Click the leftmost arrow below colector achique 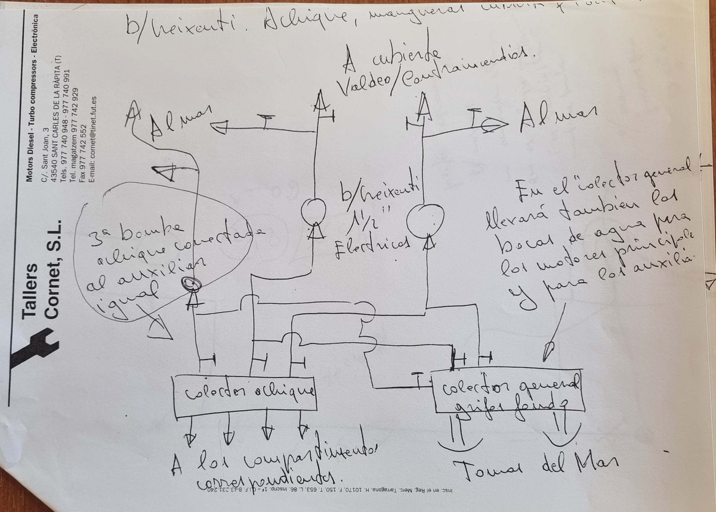[190, 438]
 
